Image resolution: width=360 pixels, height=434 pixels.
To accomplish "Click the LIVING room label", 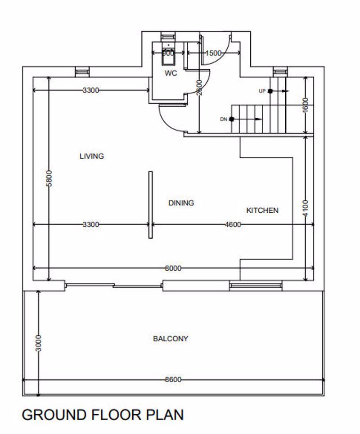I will click(x=91, y=156).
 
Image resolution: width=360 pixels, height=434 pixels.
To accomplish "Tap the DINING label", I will click(x=181, y=203).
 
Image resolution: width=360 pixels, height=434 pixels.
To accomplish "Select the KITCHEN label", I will click(x=262, y=210).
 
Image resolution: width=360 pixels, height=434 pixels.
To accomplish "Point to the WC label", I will click(x=171, y=73).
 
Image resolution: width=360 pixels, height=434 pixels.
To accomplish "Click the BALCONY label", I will click(x=171, y=339).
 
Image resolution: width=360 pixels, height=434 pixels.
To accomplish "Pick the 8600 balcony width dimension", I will click(x=173, y=380).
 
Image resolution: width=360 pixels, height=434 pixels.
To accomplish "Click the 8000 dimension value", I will click(x=173, y=268).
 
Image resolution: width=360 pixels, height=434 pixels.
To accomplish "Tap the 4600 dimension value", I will click(x=233, y=224).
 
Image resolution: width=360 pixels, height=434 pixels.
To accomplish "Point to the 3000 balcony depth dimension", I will click(x=38, y=343).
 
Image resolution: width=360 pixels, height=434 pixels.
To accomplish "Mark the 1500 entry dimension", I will click(x=213, y=53).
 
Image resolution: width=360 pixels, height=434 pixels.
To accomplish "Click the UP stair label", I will click(x=262, y=91).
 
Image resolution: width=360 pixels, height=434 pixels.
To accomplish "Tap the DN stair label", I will click(x=224, y=119).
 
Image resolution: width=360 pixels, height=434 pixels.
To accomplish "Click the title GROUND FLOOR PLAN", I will click(x=103, y=415).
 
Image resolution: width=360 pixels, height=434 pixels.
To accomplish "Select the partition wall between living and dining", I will click(x=150, y=205).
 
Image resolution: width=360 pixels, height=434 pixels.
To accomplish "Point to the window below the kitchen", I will click(x=256, y=285).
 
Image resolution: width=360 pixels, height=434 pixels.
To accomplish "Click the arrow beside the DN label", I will click(x=252, y=119).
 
